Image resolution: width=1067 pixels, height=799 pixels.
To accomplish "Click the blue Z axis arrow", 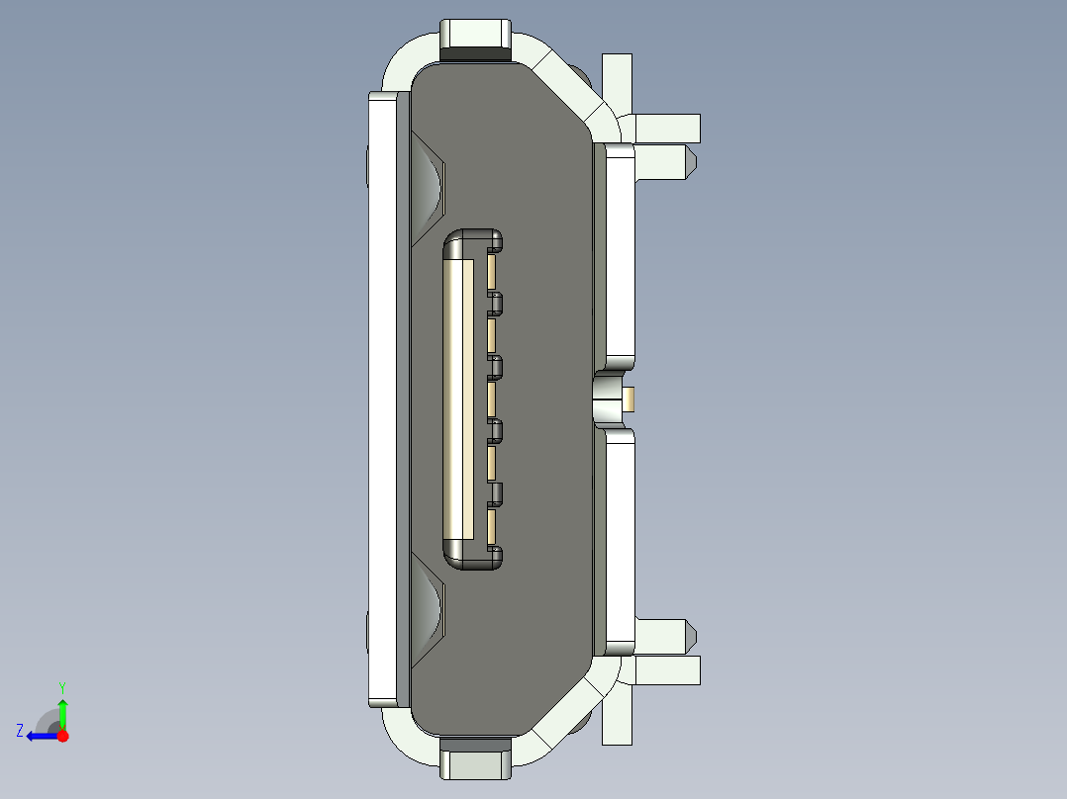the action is [38, 736].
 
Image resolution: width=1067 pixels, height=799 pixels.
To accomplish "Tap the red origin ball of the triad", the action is [63, 736].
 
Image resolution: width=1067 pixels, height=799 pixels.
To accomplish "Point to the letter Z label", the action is [20, 731].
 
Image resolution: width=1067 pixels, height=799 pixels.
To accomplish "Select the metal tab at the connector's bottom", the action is [476, 762].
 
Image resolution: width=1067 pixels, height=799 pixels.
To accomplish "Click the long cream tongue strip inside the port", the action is [455, 400].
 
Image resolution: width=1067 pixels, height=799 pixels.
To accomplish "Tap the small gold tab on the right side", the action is [630, 399].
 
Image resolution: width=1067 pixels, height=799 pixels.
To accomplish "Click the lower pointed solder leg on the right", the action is [663, 636].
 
